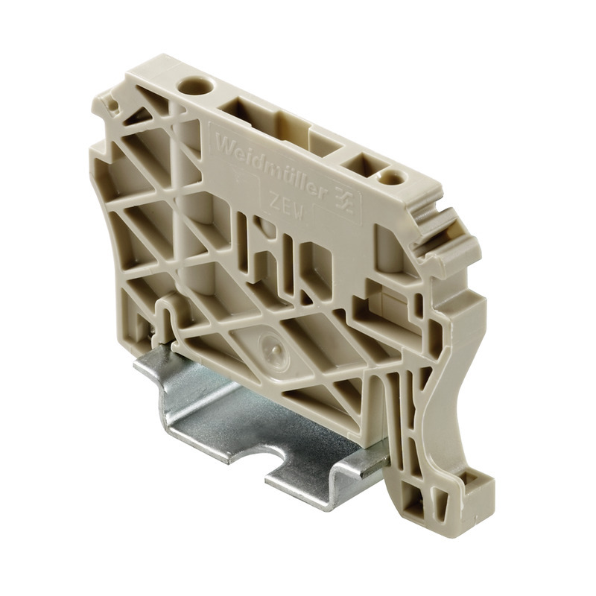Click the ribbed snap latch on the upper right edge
pos(440,231)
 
